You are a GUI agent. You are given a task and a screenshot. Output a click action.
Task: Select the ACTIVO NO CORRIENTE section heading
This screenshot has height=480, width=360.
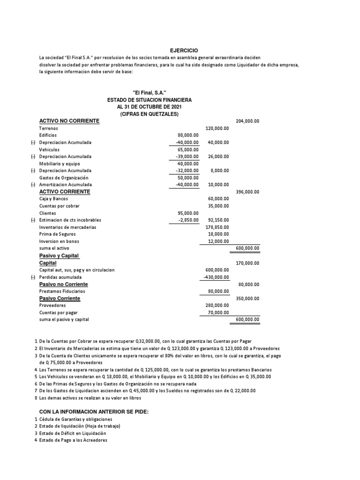(x=69, y=121)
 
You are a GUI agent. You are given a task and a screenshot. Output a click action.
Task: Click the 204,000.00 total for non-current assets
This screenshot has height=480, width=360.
(x=247, y=121)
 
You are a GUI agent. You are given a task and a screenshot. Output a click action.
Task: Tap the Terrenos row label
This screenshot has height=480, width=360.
(x=49, y=128)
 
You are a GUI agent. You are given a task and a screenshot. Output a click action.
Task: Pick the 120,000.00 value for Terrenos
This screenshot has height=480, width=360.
(x=217, y=128)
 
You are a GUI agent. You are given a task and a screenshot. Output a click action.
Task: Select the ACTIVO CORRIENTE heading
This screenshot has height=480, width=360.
(x=65, y=192)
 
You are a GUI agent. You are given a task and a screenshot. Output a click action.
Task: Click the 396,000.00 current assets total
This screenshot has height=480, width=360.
(x=247, y=192)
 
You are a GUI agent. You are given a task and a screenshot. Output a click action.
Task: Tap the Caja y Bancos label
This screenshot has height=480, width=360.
(x=54, y=199)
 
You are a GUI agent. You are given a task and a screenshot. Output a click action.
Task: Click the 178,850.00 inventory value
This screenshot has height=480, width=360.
(x=217, y=227)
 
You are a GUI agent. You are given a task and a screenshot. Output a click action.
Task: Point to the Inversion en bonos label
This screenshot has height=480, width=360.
(x=59, y=241)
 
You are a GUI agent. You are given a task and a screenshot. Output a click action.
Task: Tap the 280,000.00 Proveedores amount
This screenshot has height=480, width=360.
(x=217, y=305)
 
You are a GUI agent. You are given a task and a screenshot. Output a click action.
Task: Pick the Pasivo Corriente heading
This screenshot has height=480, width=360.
(x=60, y=298)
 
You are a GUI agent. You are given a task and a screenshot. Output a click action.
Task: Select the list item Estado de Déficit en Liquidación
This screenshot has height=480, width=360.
(x=76, y=433)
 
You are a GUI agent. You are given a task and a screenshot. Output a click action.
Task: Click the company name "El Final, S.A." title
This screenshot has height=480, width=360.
(x=150, y=93)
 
